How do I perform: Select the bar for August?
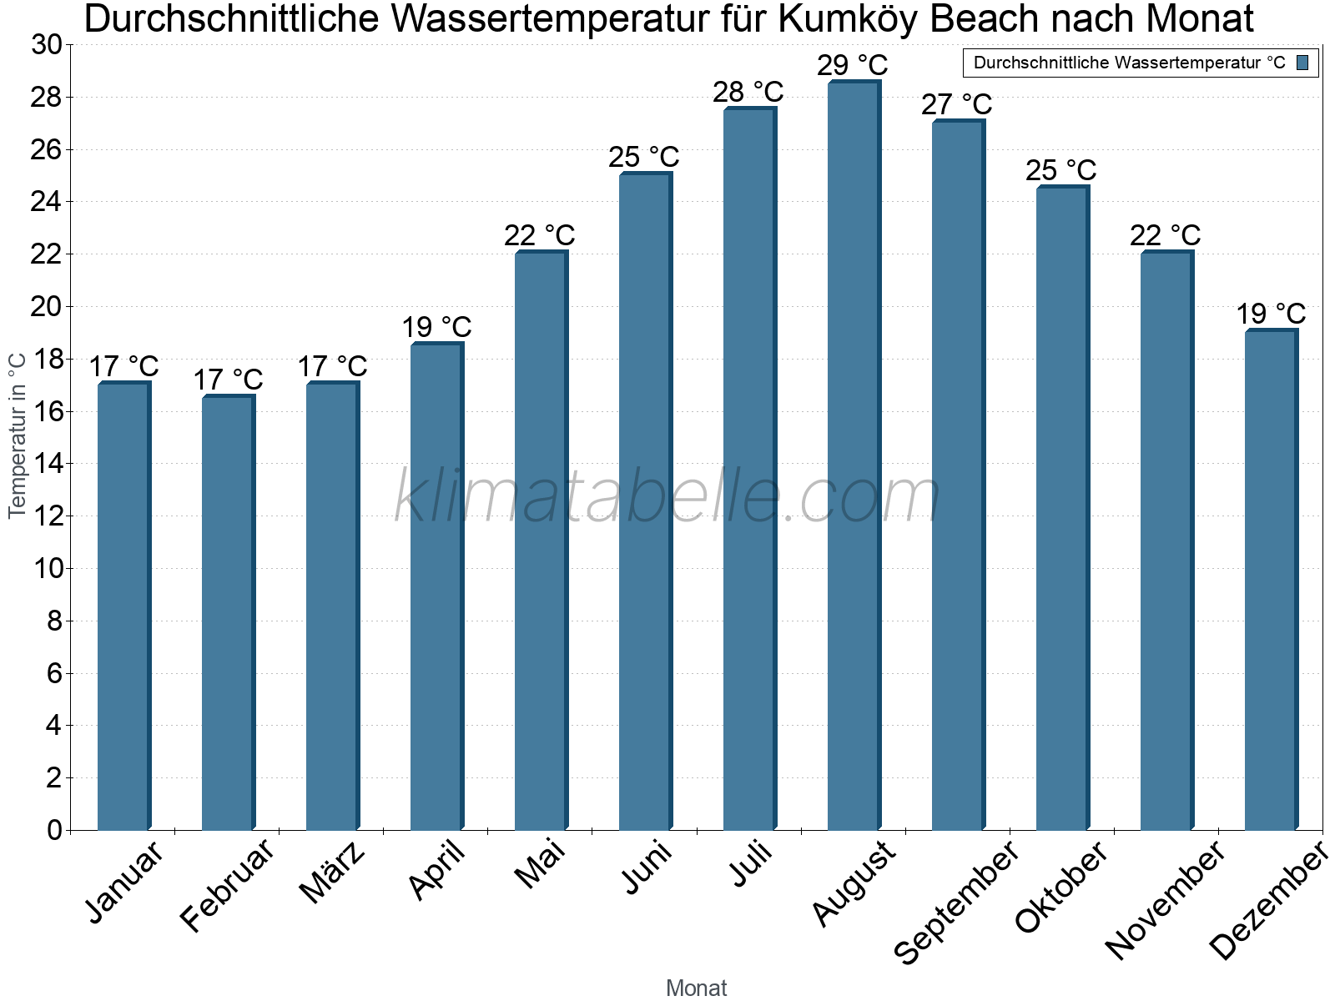853,455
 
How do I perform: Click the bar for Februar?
227,613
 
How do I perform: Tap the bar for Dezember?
1270,581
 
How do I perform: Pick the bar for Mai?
540,541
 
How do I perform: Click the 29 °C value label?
852,65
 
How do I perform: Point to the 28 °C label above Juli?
748,92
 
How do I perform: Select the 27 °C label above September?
956,105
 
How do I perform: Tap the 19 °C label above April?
436,327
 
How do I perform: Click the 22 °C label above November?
1165,236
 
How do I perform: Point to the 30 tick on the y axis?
47,45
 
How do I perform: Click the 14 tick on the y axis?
47,464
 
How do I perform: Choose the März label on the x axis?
332,873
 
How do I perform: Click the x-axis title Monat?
696,988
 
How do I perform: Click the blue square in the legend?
1303,63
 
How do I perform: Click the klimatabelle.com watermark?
667,497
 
